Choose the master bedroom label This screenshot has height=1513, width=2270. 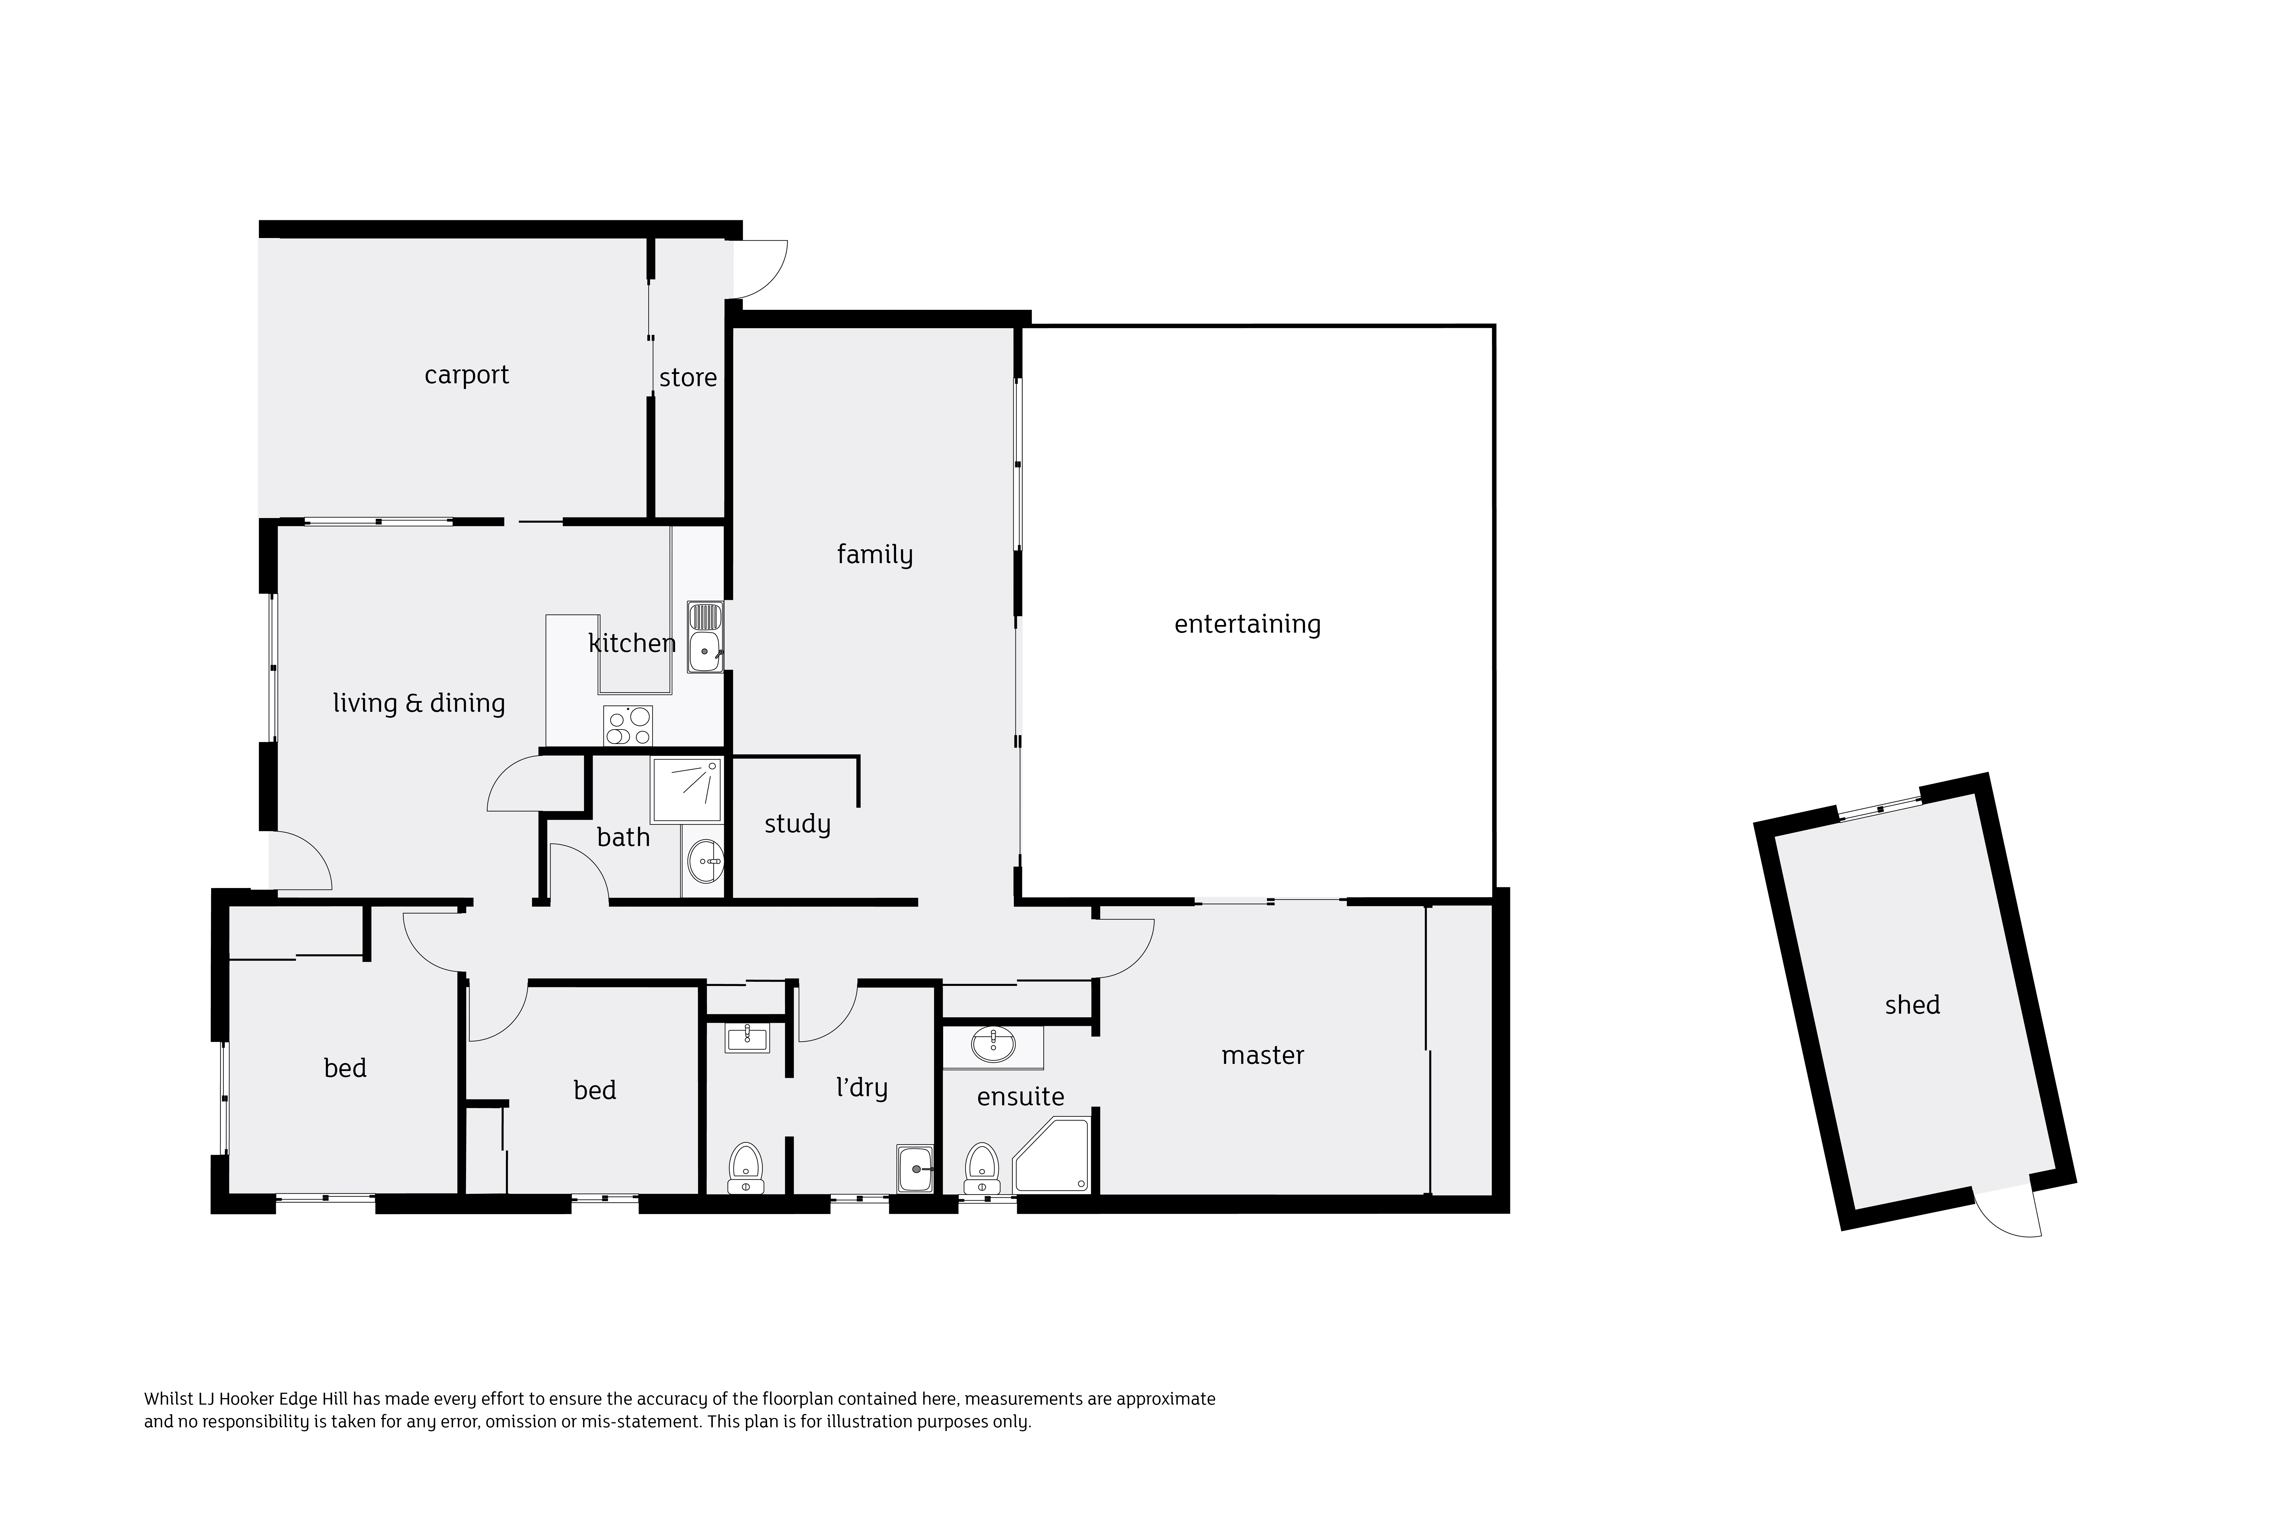pos(1262,1056)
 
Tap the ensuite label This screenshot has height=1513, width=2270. pos(1020,1097)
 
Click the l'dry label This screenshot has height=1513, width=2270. pos(861,1088)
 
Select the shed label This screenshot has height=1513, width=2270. pos(1912,1005)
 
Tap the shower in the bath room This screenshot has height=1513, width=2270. pos(685,790)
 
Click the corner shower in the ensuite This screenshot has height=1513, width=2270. pos(1052,1155)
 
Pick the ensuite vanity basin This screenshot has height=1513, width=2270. pos(993,1045)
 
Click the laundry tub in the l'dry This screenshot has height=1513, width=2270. pos(915,1169)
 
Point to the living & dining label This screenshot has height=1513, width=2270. pos(419,703)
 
